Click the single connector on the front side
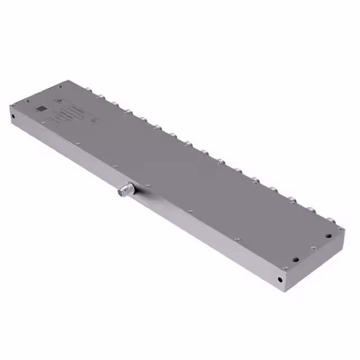tap(125, 191)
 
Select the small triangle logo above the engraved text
tap(57, 101)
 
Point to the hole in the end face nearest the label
tap(13, 117)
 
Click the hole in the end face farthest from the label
tap(280, 280)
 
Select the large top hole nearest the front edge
tap(294, 260)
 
